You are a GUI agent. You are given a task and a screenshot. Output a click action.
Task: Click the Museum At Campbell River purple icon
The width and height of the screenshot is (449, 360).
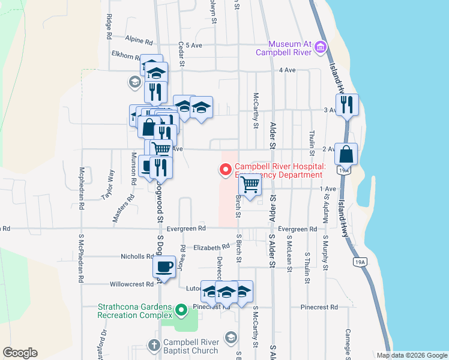pos(321,47)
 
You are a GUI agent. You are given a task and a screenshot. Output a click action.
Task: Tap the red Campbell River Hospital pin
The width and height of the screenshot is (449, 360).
pos(226,170)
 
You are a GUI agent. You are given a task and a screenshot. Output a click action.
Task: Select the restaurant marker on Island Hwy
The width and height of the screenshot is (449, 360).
pos(347,106)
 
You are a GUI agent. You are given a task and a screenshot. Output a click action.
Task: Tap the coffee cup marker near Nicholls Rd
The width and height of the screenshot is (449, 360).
pos(164,266)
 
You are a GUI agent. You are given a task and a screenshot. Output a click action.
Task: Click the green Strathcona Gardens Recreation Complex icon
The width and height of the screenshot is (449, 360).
pos(181,310)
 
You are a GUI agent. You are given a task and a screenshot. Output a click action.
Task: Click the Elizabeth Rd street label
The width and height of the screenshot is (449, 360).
pos(211,247)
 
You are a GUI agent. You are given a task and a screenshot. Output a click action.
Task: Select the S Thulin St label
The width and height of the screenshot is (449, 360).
pos(306,265)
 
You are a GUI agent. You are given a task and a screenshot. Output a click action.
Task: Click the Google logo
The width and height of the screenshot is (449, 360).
pos(20,353)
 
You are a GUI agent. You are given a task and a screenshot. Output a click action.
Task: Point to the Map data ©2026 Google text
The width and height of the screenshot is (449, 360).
pos(412,355)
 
